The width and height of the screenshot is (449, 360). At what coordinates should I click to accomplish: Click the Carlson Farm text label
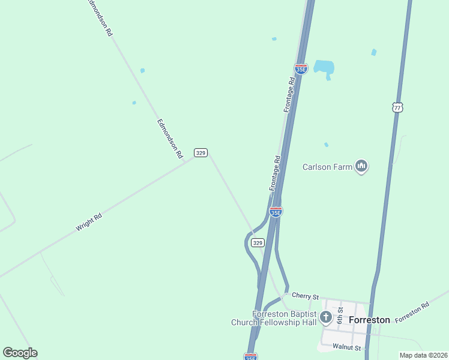point(327,167)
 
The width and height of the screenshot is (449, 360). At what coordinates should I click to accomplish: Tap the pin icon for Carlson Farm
point(361,166)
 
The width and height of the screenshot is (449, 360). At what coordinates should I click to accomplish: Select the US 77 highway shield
point(396,107)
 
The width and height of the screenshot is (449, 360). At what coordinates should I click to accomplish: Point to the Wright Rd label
point(89,222)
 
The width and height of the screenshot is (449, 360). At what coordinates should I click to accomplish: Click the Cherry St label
point(305,295)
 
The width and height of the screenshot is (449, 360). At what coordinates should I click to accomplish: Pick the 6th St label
point(340,315)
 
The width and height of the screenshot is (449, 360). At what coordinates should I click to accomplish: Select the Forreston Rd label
point(412,312)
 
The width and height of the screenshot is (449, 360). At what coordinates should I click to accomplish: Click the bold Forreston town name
point(369,320)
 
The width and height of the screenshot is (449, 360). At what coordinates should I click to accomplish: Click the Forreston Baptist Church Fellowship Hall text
point(276,318)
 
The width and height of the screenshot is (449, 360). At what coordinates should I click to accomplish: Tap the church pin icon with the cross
point(326,317)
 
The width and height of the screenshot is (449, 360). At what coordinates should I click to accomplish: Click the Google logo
point(20,353)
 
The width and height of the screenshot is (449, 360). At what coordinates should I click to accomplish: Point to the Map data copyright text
point(423,355)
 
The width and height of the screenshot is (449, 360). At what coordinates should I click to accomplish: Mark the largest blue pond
point(324,67)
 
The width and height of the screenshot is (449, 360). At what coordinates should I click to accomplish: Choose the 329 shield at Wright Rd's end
point(200,153)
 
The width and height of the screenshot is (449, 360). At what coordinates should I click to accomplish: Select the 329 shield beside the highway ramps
point(258,242)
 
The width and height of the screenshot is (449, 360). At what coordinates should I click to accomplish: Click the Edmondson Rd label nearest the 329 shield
point(170,138)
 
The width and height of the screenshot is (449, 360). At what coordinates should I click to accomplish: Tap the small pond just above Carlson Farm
point(326,145)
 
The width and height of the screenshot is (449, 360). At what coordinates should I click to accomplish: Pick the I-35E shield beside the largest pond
point(301,68)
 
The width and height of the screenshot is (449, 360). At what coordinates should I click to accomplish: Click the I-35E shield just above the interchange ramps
point(276,212)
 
